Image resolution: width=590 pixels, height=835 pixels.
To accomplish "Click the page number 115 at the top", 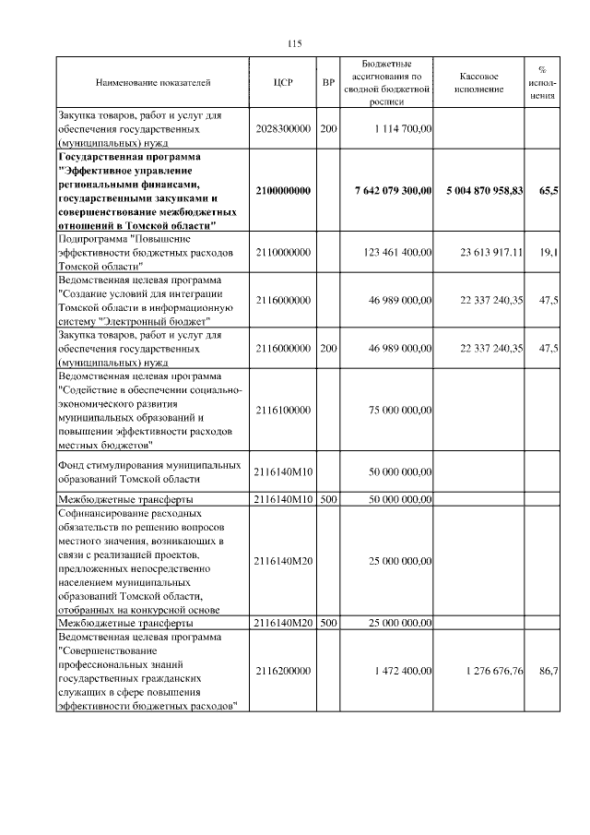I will [x=295, y=43].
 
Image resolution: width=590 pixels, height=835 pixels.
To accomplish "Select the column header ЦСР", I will [x=283, y=83].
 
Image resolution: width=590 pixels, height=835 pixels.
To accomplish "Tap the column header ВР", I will [x=328, y=83].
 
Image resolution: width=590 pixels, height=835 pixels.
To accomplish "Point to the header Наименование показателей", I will [x=153, y=83].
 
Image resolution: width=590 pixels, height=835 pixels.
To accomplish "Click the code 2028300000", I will [x=283, y=130].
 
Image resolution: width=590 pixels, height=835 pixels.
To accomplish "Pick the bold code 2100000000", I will [x=283, y=191].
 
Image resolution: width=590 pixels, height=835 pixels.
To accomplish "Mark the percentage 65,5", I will [x=548, y=191].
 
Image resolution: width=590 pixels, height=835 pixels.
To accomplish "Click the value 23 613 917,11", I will [x=486, y=251].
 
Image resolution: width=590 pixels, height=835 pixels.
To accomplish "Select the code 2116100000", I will [x=283, y=410].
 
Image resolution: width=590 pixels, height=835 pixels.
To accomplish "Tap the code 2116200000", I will [x=283, y=671].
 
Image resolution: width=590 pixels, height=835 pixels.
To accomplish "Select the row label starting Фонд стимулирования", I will [x=149, y=471].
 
